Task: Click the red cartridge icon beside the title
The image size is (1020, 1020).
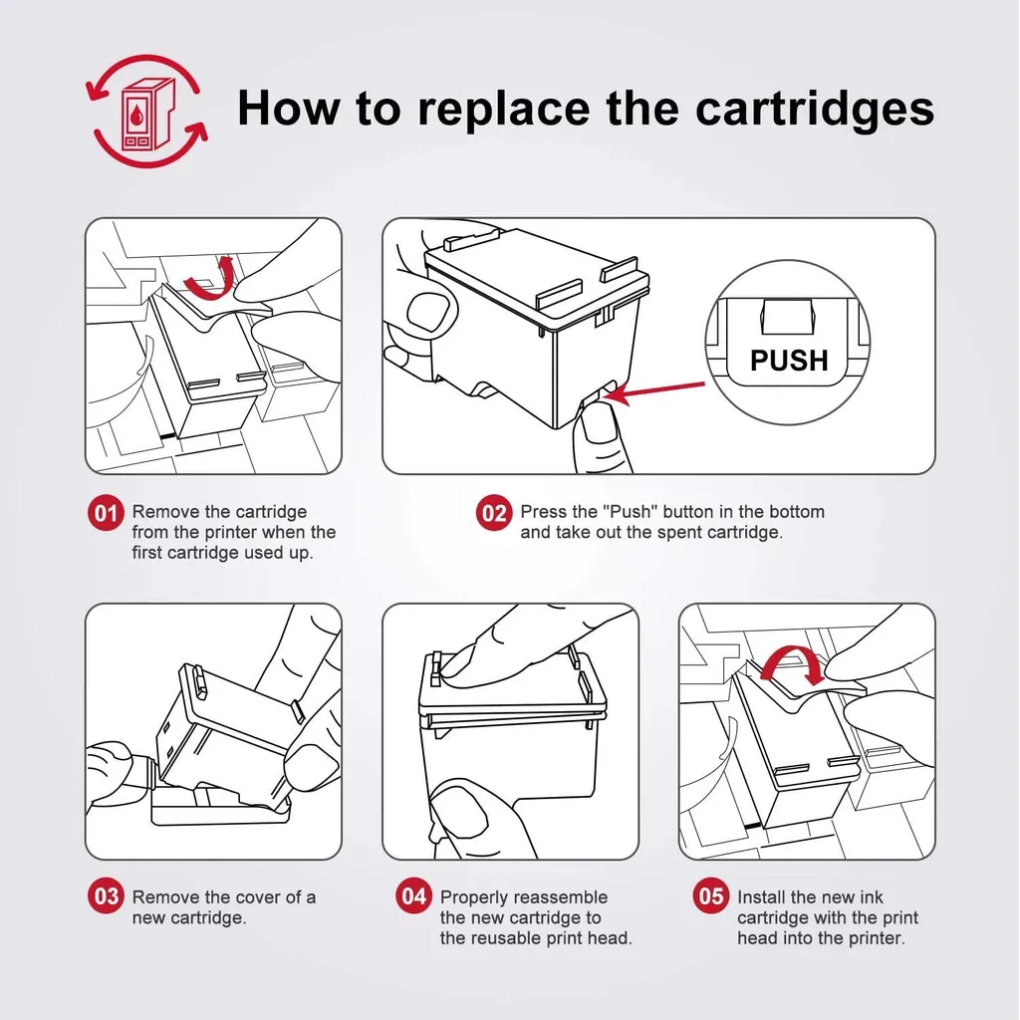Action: (x=147, y=112)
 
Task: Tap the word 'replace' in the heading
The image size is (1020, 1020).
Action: (x=503, y=109)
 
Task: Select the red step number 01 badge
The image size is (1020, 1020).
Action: (x=106, y=513)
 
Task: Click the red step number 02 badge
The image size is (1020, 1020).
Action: (x=494, y=513)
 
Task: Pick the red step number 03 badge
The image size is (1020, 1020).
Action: (x=106, y=895)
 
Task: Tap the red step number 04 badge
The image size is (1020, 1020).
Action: (x=413, y=895)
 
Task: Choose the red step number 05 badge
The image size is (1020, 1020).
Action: (x=711, y=895)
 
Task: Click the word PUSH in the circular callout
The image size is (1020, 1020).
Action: (x=789, y=361)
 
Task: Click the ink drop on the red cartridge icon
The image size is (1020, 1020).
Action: (x=135, y=116)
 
